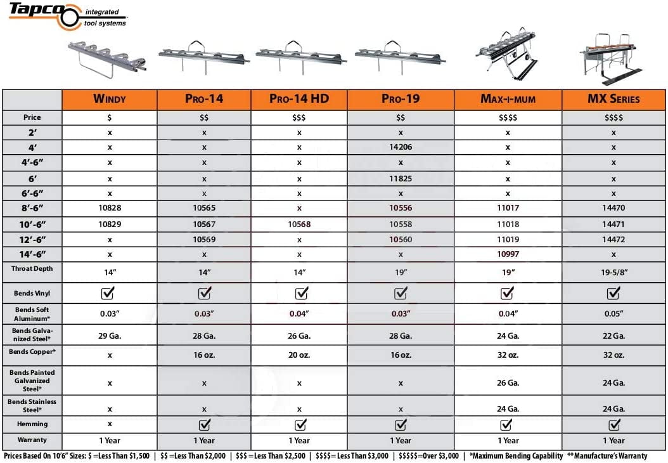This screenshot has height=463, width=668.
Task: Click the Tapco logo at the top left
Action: coord(44,12)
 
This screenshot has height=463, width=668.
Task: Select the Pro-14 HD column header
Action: coord(299,99)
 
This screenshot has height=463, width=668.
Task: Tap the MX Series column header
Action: coord(613,99)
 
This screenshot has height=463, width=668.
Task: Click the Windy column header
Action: coord(110,99)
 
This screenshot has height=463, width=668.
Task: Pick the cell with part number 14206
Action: coord(401,147)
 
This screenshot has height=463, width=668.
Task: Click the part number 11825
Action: coord(401,179)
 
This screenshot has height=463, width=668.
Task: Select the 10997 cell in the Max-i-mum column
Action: coord(508,254)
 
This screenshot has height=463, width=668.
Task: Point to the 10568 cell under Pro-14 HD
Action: coord(299,224)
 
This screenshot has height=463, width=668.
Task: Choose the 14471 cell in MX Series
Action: coord(613,224)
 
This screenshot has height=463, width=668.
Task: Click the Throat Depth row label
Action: coord(32,269)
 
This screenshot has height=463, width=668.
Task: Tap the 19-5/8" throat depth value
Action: coord(613,273)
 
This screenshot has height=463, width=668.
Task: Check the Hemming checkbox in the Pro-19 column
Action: coord(401,424)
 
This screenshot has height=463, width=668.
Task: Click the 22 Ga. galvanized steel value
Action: coord(613,336)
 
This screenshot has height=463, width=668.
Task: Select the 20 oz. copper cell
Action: coord(299,355)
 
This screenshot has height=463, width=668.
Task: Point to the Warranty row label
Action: coord(32,440)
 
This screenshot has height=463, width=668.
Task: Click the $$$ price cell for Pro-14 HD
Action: coord(299,117)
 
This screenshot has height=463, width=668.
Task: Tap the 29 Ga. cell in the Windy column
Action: coord(110,336)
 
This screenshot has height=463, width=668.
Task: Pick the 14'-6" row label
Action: coord(32,254)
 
